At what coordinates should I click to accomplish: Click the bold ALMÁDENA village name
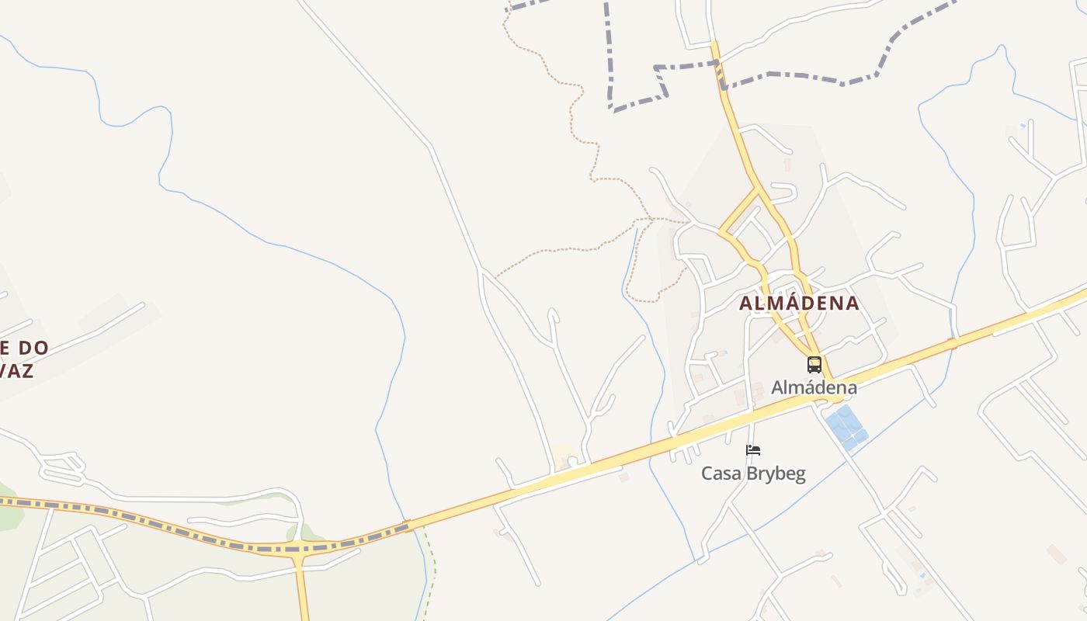pyautogui.click(x=799, y=304)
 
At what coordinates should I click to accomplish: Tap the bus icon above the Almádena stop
pyautogui.click(x=814, y=364)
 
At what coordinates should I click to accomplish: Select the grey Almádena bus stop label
pyautogui.click(x=814, y=387)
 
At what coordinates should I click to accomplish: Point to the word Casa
pyautogui.click(x=719, y=474)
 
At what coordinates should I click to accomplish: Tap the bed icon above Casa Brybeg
pyautogui.click(x=752, y=450)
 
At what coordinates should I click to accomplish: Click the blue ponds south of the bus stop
pyautogui.click(x=846, y=427)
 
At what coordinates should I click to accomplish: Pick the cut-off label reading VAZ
pyautogui.click(x=17, y=371)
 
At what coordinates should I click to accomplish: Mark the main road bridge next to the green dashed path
pyautogui.click(x=408, y=526)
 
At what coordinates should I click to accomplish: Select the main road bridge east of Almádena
pyautogui.click(x=951, y=342)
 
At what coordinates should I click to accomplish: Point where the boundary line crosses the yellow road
pyautogui.click(x=717, y=64)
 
